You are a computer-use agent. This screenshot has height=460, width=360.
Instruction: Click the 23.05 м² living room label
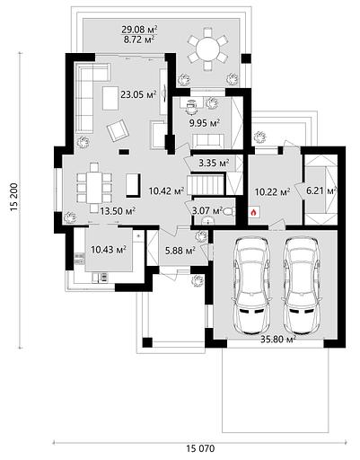click(x=138, y=95)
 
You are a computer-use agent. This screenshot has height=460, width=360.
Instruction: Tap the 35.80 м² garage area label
click(x=278, y=340)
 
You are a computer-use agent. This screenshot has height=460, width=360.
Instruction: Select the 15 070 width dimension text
click(x=200, y=448)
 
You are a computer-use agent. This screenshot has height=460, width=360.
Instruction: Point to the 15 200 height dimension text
click(x=14, y=197)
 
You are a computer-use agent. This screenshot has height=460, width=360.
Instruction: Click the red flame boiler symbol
click(x=253, y=213)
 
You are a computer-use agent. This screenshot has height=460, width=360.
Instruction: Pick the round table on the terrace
click(x=208, y=49)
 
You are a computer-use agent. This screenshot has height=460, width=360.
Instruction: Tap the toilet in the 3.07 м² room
click(x=230, y=211)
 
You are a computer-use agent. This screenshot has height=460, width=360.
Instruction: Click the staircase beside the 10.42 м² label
click(x=206, y=185)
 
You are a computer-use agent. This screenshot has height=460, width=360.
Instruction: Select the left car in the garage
click(x=251, y=286)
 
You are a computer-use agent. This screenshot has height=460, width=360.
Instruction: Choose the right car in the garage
click(x=303, y=286)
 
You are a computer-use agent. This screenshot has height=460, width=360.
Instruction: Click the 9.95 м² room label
click(x=205, y=123)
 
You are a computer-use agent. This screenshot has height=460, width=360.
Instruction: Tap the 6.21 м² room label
click(x=320, y=190)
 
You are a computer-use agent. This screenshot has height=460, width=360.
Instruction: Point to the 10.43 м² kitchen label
click(x=109, y=249)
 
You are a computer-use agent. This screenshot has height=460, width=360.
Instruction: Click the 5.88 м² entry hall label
click(x=180, y=250)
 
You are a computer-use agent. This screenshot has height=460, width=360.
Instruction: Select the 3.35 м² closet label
click(x=214, y=164)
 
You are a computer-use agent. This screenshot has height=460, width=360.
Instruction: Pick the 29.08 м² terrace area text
click(x=139, y=30)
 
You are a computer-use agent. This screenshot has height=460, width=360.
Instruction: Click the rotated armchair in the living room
click(x=118, y=130)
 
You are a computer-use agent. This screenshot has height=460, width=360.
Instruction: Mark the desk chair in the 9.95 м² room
click(x=190, y=107)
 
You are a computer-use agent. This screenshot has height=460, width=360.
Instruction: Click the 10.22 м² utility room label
click(x=272, y=191)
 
